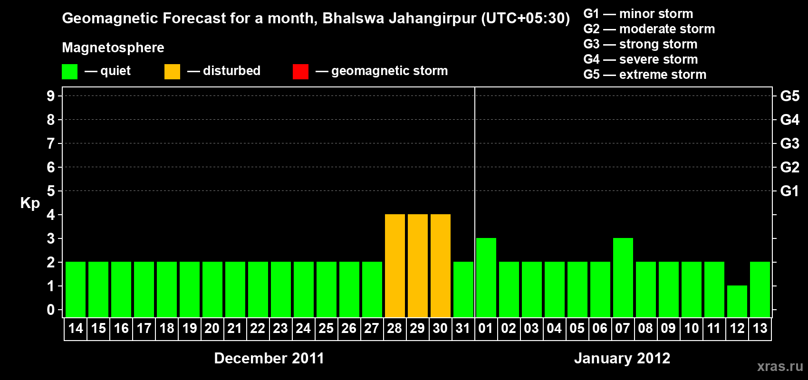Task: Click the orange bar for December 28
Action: (x=395, y=266)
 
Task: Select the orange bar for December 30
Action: (x=441, y=266)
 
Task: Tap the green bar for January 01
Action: (x=486, y=277)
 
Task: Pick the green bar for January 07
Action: (x=623, y=277)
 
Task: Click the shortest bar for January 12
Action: (x=737, y=301)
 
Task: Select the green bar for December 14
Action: (x=76, y=289)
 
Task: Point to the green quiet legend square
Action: (x=69, y=72)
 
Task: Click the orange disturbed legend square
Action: (x=172, y=72)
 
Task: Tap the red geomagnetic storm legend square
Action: (x=300, y=72)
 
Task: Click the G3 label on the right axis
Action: (x=789, y=143)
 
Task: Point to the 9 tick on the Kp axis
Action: (x=51, y=96)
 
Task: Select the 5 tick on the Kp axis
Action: (x=51, y=191)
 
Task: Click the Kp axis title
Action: (x=30, y=203)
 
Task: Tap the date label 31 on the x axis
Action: (x=463, y=329)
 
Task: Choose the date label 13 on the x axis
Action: (x=760, y=329)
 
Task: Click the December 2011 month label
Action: (x=269, y=358)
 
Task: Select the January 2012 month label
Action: (x=622, y=358)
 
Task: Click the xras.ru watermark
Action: (x=780, y=366)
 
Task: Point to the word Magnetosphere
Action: (x=113, y=47)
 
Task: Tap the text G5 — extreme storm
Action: (x=644, y=75)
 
